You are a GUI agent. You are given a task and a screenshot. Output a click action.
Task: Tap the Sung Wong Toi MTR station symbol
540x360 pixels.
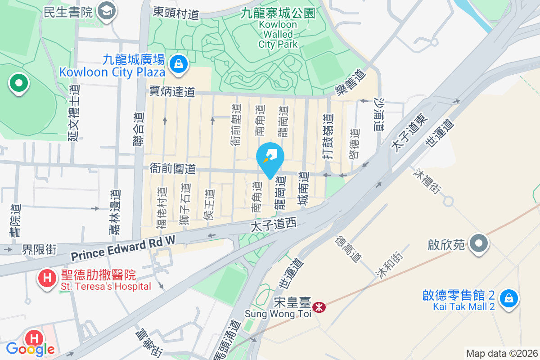point(319,307)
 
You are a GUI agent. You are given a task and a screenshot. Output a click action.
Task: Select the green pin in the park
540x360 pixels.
point(18,83)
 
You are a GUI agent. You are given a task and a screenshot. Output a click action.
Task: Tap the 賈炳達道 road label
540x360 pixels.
point(172,92)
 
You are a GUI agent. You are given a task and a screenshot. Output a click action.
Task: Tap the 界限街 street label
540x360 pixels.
point(40,249)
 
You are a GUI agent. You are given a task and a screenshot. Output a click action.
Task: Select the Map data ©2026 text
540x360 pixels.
point(501,353)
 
